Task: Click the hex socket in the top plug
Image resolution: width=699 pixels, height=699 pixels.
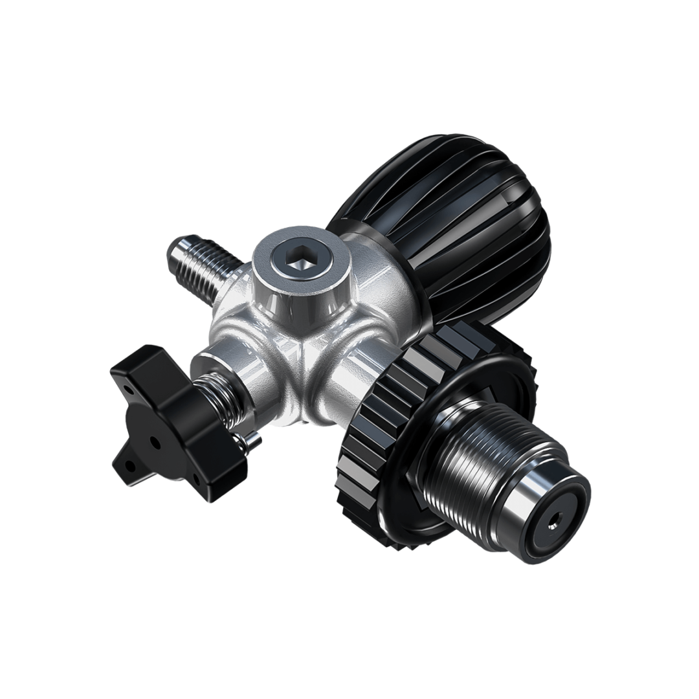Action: click(298, 263)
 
